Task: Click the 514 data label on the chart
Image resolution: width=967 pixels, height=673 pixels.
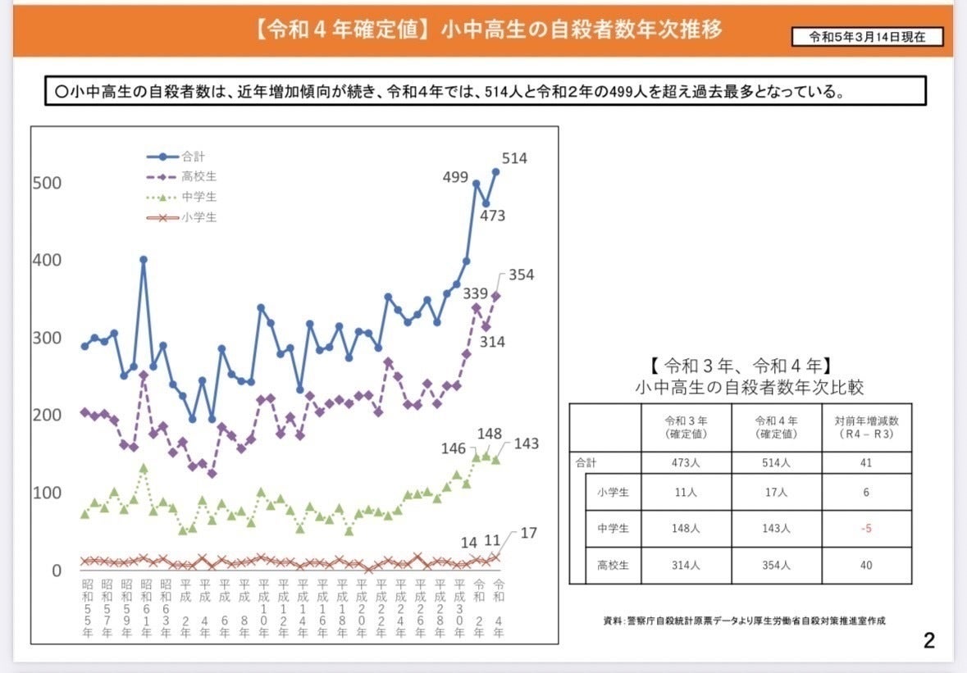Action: (x=513, y=159)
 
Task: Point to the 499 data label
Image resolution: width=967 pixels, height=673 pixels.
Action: (x=455, y=177)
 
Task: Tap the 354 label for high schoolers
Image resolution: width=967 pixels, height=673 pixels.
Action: (x=520, y=275)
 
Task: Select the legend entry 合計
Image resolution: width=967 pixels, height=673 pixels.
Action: (x=194, y=156)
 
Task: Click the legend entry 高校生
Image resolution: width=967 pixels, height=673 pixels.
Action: (x=199, y=176)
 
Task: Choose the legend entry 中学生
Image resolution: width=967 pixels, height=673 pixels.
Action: (x=199, y=197)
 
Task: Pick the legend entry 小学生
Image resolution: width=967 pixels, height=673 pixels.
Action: (x=199, y=217)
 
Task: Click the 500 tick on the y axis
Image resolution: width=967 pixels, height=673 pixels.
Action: (x=47, y=183)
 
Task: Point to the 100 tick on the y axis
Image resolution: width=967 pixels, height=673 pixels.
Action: (x=47, y=493)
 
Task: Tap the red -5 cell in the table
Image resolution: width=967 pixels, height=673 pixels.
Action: (x=866, y=529)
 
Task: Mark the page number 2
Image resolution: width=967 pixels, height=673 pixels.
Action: (x=928, y=640)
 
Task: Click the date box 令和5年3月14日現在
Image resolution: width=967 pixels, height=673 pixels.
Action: (x=867, y=37)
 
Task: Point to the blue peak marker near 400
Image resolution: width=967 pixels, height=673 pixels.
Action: (x=144, y=259)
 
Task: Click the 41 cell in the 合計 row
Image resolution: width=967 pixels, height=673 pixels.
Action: (x=866, y=462)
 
